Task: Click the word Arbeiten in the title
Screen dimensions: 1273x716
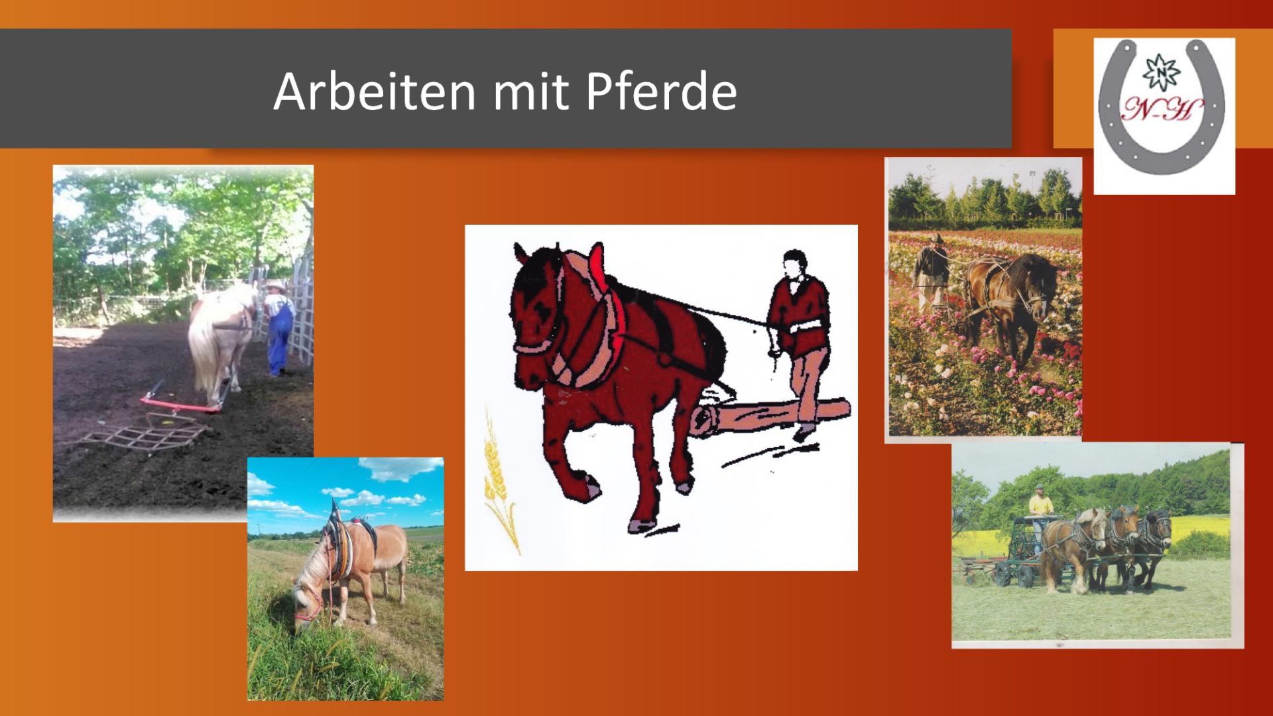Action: point(375,91)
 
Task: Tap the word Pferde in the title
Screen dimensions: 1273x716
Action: point(661,91)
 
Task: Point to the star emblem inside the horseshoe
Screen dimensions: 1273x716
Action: point(1161,72)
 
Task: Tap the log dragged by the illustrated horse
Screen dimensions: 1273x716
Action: point(769,416)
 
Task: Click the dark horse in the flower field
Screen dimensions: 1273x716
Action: point(1009,298)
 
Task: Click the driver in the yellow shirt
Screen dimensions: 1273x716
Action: point(1040,510)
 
